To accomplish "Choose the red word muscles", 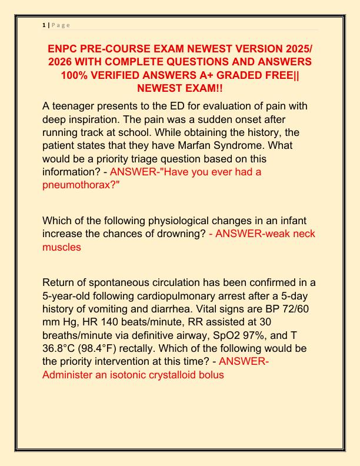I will point(62,248).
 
